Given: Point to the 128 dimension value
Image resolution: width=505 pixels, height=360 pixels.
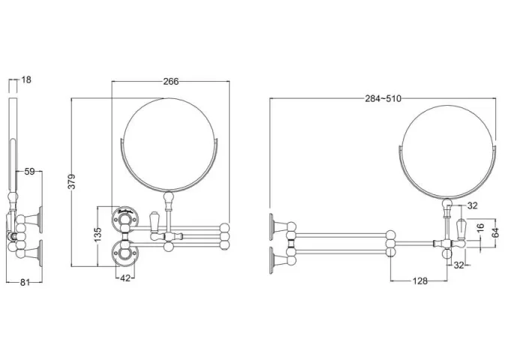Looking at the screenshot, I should pyautogui.click(x=419, y=280).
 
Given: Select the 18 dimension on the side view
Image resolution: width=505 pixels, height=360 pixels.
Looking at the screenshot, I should pyautogui.click(x=26, y=79).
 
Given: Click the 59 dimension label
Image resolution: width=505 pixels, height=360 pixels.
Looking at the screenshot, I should pyautogui.click(x=29, y=172).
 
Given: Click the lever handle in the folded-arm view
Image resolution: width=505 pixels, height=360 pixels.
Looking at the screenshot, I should pyautogui.click(x=153, y=223).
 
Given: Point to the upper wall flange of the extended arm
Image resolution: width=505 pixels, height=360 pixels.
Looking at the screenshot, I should pyautogui.click(x=275, y=225).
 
